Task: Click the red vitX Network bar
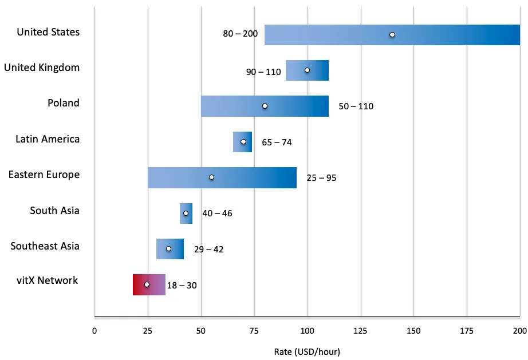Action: click(x=149, y=284)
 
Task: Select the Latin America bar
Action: click(x=242, y=141)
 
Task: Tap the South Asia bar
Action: click(x=186, y=213)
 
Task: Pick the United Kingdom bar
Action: click(x=307, y=70)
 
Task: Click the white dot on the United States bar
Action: click(x=392, y=35)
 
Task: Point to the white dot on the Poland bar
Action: click(x=265, y=106)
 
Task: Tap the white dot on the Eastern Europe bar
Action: click(x=211, y=177)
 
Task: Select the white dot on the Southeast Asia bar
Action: click(x=169, y=249)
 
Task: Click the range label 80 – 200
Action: click(x=240, y=34)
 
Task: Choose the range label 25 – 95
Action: click(x=321, y=177)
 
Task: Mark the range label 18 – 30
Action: click(x=182, y=285)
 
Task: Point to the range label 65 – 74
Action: click(x=277, y=143)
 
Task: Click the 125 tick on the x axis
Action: click(x=360, y=331)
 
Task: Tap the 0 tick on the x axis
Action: click(x=94, y=331)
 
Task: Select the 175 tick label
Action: click(x=467, y=331)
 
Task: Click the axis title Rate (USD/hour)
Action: click(x=307, y=352)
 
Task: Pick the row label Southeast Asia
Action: click(x=45, y=246)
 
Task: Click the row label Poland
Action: click(x=64, y=102)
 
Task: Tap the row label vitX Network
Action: click(x=47, y=280)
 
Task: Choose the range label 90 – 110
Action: click(x=263, y=72)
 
